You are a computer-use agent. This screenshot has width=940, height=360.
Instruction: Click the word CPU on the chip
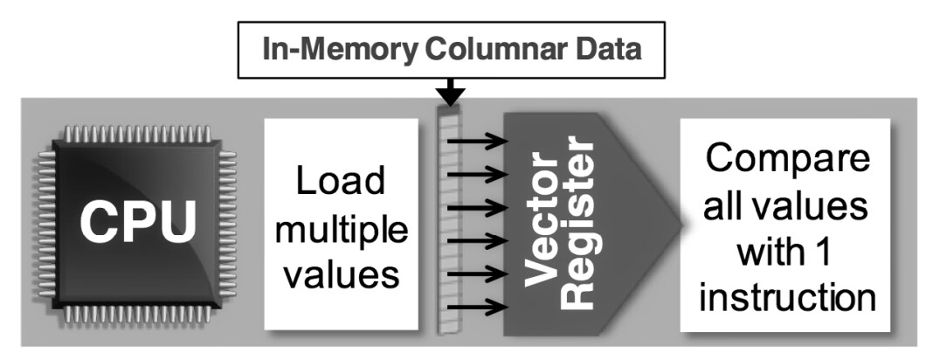click(x=139, y=222)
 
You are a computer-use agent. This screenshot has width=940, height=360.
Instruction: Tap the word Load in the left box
click(x=340, y=182)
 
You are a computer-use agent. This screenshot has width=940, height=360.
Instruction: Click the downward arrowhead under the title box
click(x=452, y=93)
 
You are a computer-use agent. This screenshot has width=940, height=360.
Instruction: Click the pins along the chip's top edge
click(x=137, y=134)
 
